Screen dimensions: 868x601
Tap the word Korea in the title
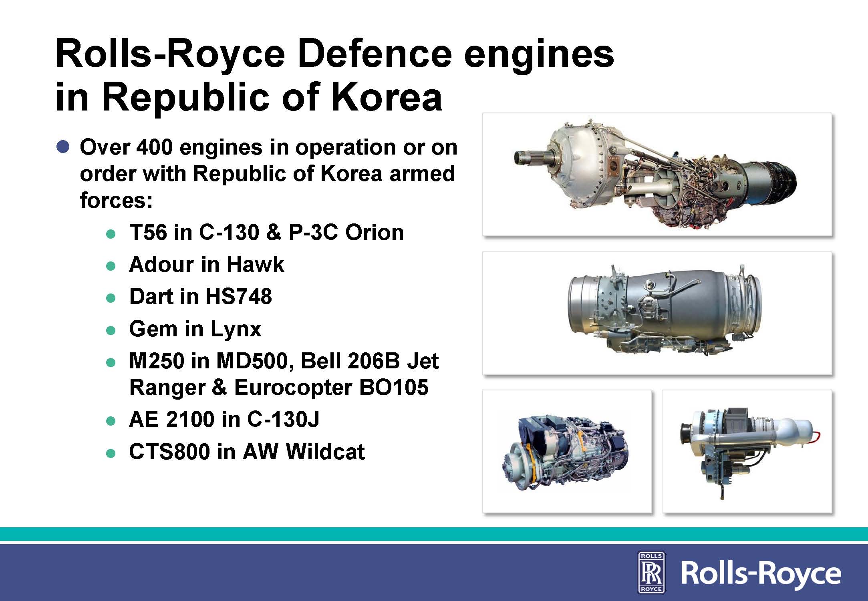(x=386, y=97)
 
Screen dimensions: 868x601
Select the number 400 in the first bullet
(x=155, y=147)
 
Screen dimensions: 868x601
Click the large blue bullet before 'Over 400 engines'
(x=63, y=147)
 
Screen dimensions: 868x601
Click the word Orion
(x=374, y=232)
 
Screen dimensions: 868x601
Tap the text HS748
(x=239, y=296)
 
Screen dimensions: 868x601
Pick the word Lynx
(x=236, y=329)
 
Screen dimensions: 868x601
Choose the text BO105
(x=394, y=387)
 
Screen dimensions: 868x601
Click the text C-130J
(x=283, y=419)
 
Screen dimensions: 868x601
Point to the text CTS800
(x=169, y=452)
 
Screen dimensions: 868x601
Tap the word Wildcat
(x=325, y=452)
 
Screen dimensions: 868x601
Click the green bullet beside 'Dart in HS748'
(x=111, y=298)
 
